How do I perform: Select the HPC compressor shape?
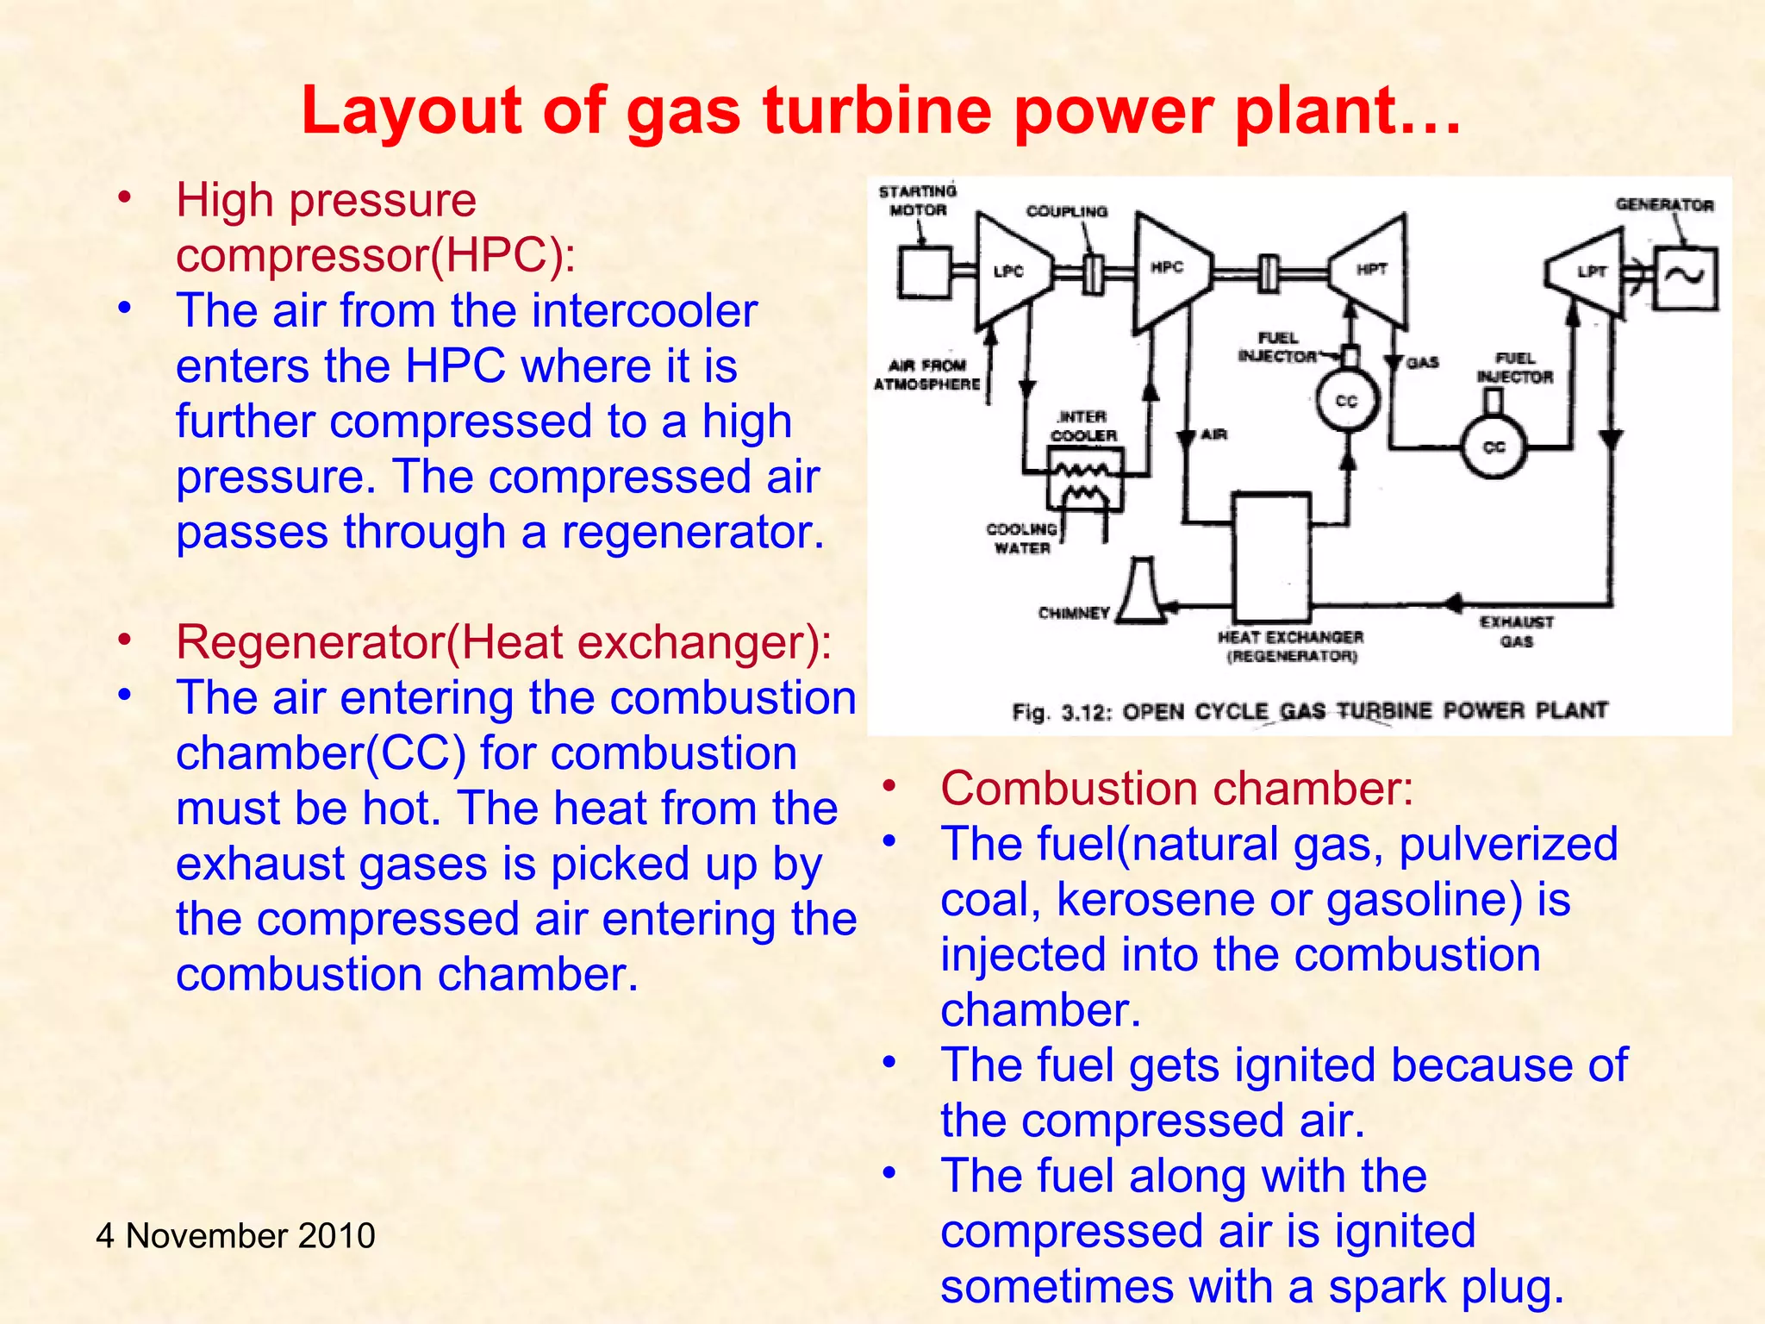pos(1170,272)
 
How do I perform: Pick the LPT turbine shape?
pos(1590,272)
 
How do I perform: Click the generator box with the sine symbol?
pos(1685,278)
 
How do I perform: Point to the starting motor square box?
pos(924,272)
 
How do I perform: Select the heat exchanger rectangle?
pos(1271,556)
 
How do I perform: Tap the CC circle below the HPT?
pos(1347,401)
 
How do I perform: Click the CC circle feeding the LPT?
pos(1494,447)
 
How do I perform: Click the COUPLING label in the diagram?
pos(1066,212)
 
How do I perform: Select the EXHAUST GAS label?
pos(1517,632)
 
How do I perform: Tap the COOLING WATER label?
pos(1021,539)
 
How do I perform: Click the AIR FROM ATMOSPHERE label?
pos(927,375)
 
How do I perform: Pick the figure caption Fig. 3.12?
pos(1310,711)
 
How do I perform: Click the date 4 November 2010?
pos(235,1235)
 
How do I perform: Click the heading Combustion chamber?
pos(1176,788)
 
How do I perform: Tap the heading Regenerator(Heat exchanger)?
pos(503,642)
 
